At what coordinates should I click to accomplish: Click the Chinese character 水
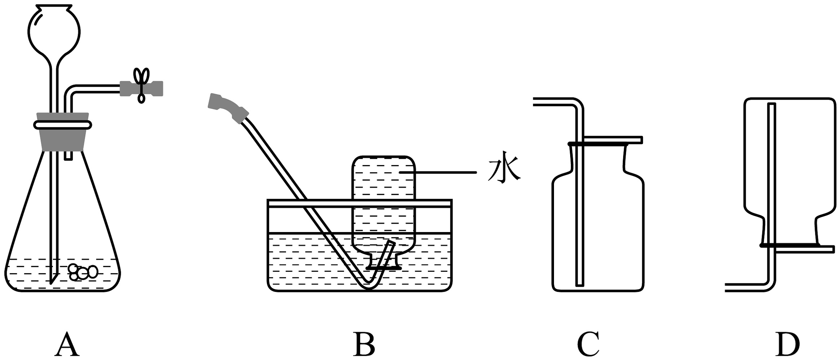point(504,170)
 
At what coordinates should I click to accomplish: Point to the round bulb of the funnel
point(54,31)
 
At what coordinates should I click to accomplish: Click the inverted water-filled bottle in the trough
point(383,202)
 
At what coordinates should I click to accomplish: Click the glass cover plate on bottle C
point(610,140)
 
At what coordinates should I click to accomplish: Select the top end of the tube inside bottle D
point(771,106)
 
